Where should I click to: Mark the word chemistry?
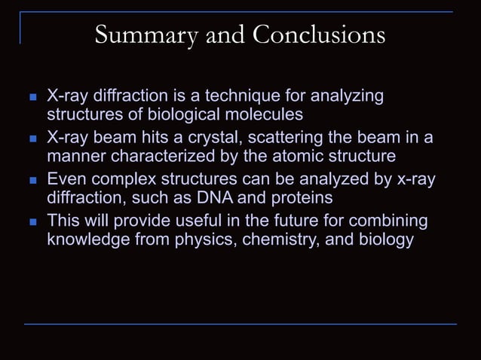280,241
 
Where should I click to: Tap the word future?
286,221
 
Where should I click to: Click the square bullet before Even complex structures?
32,182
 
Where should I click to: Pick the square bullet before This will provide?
32,223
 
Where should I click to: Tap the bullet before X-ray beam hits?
32,139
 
